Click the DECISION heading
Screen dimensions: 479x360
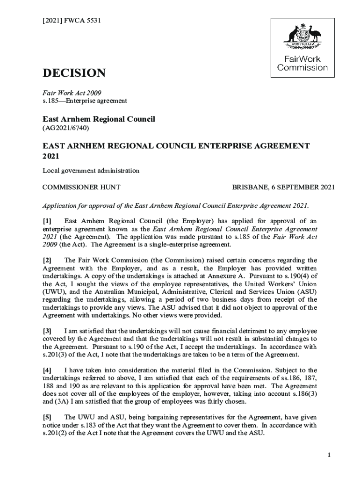point(74,73)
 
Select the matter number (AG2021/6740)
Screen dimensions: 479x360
point(66,127)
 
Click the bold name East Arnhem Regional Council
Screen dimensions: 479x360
point(99,119)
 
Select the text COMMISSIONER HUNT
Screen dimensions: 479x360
point(81,187)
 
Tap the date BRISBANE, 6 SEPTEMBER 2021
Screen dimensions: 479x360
point(283,187)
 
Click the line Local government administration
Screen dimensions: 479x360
point(91,171)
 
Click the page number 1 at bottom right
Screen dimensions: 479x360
point(329,456)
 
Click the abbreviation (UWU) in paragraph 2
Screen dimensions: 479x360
point(54,292)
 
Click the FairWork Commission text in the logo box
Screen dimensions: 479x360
point(302,63)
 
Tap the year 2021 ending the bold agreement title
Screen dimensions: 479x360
point(51,156)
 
